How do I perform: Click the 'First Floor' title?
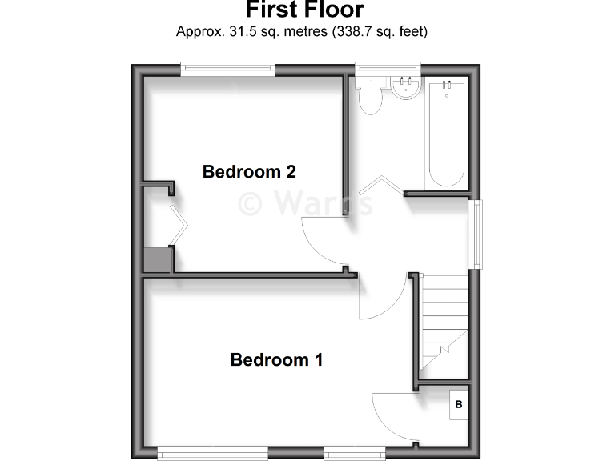[x=304, y=10]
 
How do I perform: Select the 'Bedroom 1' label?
[x=276, y=359]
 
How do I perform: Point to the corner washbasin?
[x=406, y=86]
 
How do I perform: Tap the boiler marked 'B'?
[x=459, y=404]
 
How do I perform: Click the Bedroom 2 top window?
[x=228, y=70]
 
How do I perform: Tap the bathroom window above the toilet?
[x=388, y=70]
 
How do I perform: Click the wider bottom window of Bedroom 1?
[x=213, y=454]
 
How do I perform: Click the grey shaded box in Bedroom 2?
[x=157, y=260]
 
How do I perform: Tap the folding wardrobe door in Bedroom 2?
[x=179, y=226]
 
